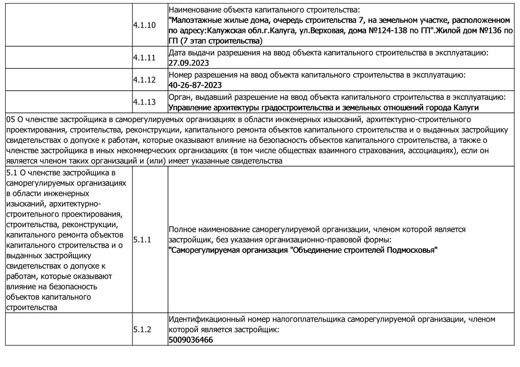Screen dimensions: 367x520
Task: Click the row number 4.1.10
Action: point(144,25)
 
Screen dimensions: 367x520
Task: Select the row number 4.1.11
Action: point(144,58)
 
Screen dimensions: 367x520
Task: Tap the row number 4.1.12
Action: point(144,80)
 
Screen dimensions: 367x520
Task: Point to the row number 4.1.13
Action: point(144,102)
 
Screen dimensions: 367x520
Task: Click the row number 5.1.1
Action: point(142,240)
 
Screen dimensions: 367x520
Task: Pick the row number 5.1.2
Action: point(142,330)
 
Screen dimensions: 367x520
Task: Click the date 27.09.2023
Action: point(189,63)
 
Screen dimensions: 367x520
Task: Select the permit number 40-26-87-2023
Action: point(195,85)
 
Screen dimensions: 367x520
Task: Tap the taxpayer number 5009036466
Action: point(191,340)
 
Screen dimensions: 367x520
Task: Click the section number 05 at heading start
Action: point(11,120)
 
